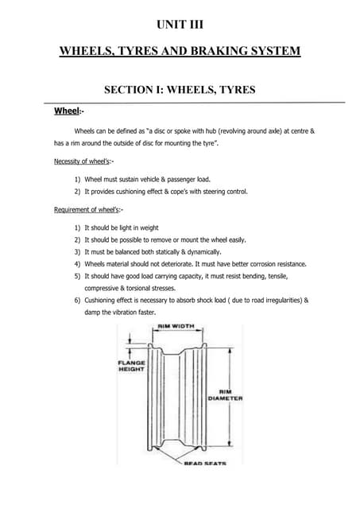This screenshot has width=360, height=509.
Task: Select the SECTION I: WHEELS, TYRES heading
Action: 180,90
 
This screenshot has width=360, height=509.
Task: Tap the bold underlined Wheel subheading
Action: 67,111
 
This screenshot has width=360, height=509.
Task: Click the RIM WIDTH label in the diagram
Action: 175,326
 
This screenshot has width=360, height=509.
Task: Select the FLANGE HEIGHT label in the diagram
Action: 131,366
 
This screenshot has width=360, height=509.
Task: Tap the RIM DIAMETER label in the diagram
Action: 225,395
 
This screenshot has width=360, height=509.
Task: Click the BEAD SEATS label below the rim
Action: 205,463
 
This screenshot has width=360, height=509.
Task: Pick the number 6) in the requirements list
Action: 78,301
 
